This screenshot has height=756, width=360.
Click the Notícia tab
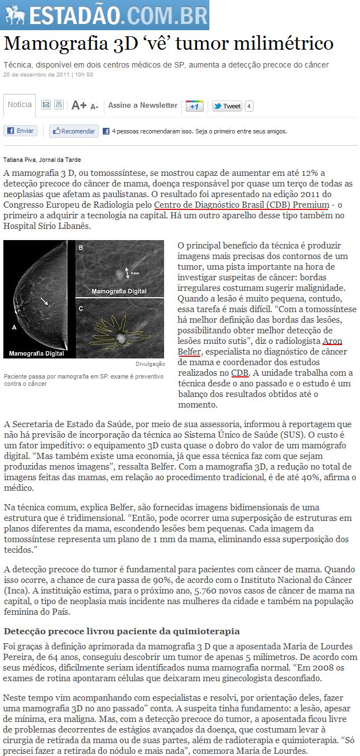tap(20, 105)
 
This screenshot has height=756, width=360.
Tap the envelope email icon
tap(46, 105)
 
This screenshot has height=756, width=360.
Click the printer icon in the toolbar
tap(59, 105)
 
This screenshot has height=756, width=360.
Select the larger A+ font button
tap(79, 106)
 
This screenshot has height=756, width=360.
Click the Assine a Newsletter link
tap(143, 106)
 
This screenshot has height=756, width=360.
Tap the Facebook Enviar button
tap(20, 131)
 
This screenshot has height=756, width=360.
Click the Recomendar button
tap(74, 131)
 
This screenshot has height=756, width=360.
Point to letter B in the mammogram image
tap(81, 247)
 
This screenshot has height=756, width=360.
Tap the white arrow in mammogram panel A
tap(45, 303)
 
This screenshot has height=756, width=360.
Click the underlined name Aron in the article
tap(333, 341)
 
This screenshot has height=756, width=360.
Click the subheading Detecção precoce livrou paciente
tap(122, 631)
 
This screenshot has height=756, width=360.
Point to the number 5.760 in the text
tap(207, 591)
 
